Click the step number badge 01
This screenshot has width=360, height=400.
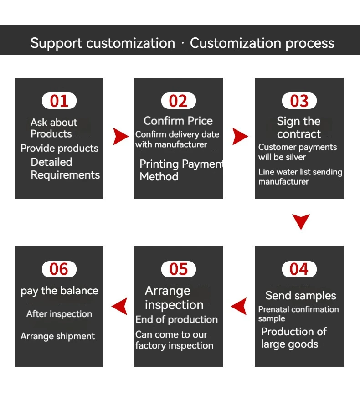pos(59,101)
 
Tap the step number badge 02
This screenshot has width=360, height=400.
pos(178,101)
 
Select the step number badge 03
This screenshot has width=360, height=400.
pos(299,101)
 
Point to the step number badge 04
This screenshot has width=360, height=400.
pos(299,269)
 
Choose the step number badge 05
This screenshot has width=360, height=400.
pos(178,269)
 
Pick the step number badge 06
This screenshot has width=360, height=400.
pos(59,269)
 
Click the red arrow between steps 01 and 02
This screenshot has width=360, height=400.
pos(120,136)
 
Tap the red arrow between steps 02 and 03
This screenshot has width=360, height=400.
pos(240,136)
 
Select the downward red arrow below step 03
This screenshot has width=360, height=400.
pos(301,222)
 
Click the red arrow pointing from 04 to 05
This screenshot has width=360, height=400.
pos(239,306)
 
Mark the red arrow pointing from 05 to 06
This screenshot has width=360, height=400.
pos(119,306)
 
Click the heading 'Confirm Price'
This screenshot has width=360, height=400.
pos(178,121)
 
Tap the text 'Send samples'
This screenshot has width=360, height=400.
pos(301,296)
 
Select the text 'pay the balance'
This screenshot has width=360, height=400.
pos(59,291)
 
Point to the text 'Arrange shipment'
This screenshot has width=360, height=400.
pos(58,336)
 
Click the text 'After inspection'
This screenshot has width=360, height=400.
pos(59,314)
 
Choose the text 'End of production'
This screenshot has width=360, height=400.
pos(176,319)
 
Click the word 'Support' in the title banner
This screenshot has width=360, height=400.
pos(56,43)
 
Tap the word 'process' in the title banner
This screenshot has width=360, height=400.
pos(310,43)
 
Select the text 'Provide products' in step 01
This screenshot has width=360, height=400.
pos(59,148)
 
